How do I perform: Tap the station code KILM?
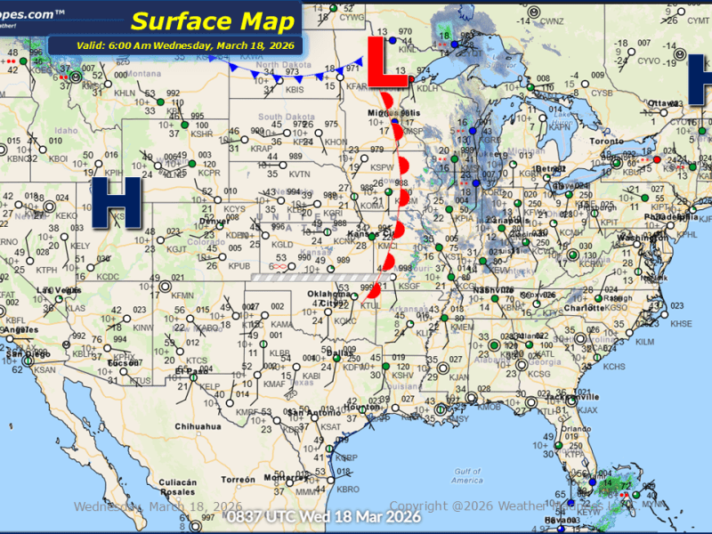pos(644,341)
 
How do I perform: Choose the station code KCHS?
pos(613,366)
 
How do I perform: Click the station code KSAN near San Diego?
pos(44,369)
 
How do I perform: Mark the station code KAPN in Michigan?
pos(559,127)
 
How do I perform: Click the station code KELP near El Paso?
pos(207,387)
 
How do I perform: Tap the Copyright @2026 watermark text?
pos(463,506)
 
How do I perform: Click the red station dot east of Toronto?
pos(657,159)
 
